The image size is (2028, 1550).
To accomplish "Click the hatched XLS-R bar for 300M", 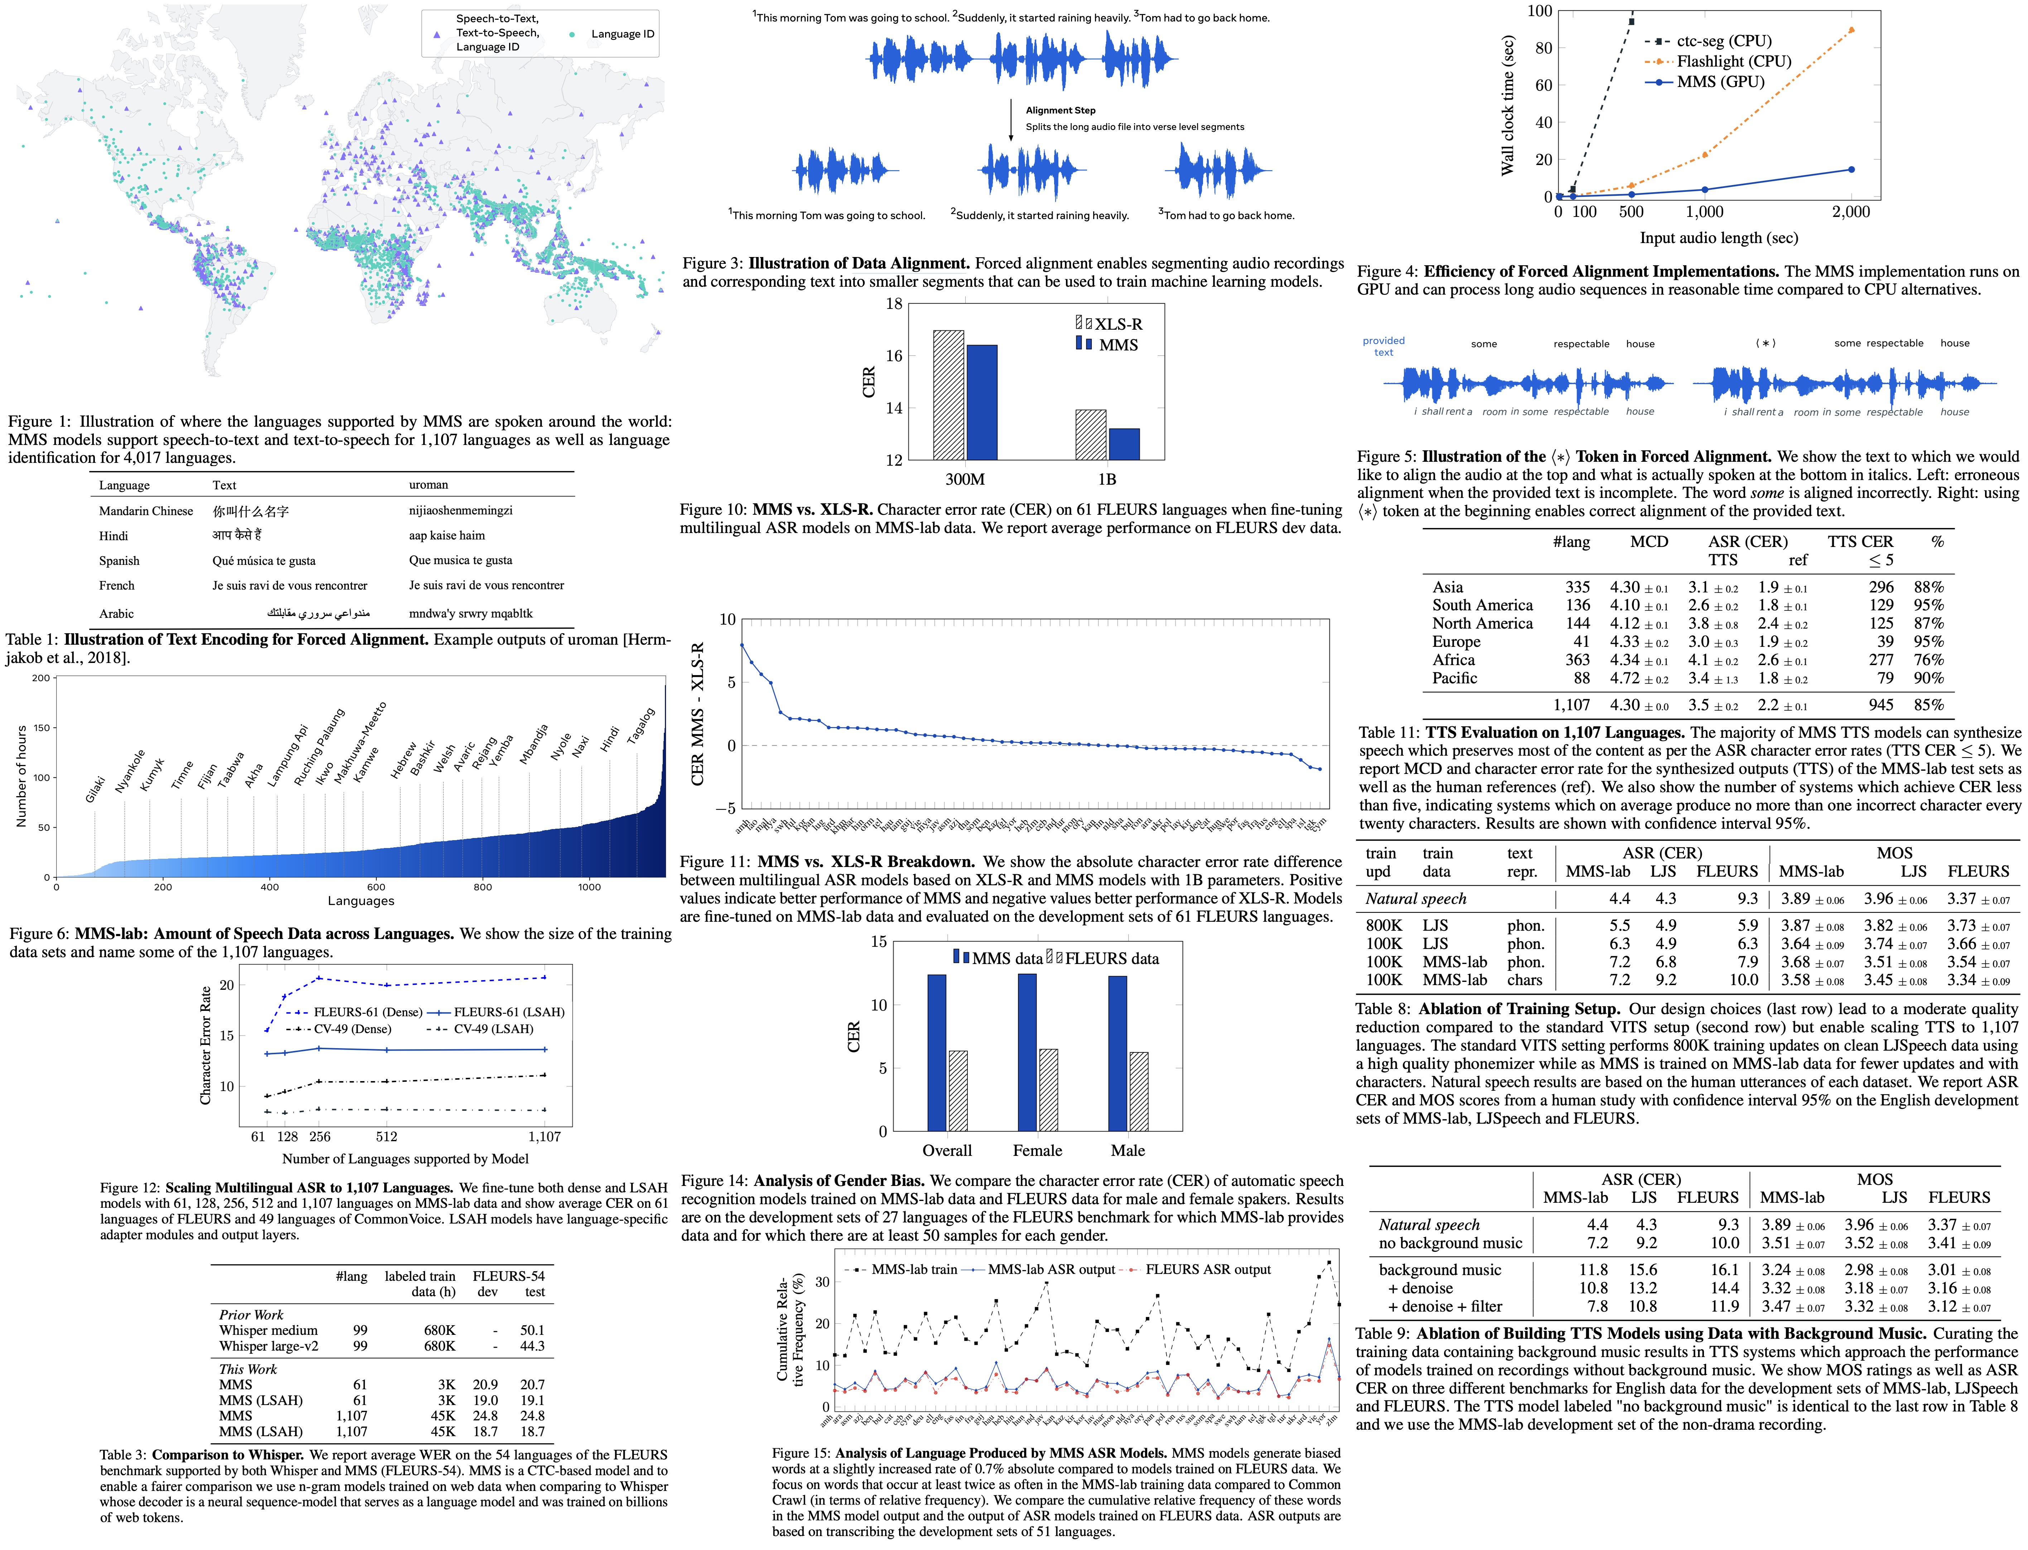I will (948, 395).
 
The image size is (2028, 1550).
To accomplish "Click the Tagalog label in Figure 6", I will (641, 726).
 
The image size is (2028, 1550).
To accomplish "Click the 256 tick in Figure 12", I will (319, 1137).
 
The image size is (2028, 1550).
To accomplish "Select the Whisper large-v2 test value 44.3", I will (532, 1346).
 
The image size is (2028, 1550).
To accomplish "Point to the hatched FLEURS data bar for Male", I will (1139, 1091).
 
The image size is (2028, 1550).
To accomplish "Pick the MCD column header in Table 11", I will (1649, 542).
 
